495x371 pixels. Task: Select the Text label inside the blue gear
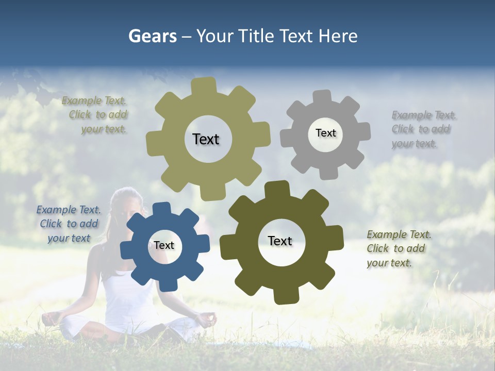tap(164, 246)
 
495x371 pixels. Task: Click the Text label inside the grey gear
tap(325, 133)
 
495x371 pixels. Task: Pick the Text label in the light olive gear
tap(206, 139)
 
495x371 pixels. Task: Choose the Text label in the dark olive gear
tap(280, 241)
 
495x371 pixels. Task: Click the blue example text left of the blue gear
tap(69, 224)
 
